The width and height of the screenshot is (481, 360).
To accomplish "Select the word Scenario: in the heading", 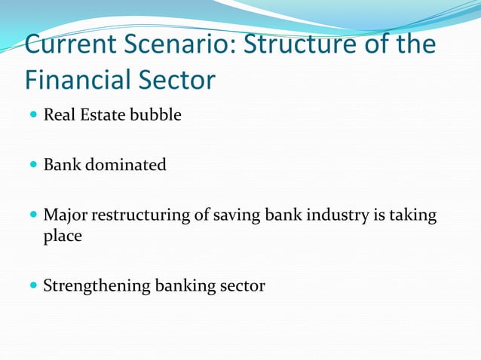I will pyautogui.click(x=178, y=44).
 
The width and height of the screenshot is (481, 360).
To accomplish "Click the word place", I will pyautogui.click(x=63, y=236).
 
